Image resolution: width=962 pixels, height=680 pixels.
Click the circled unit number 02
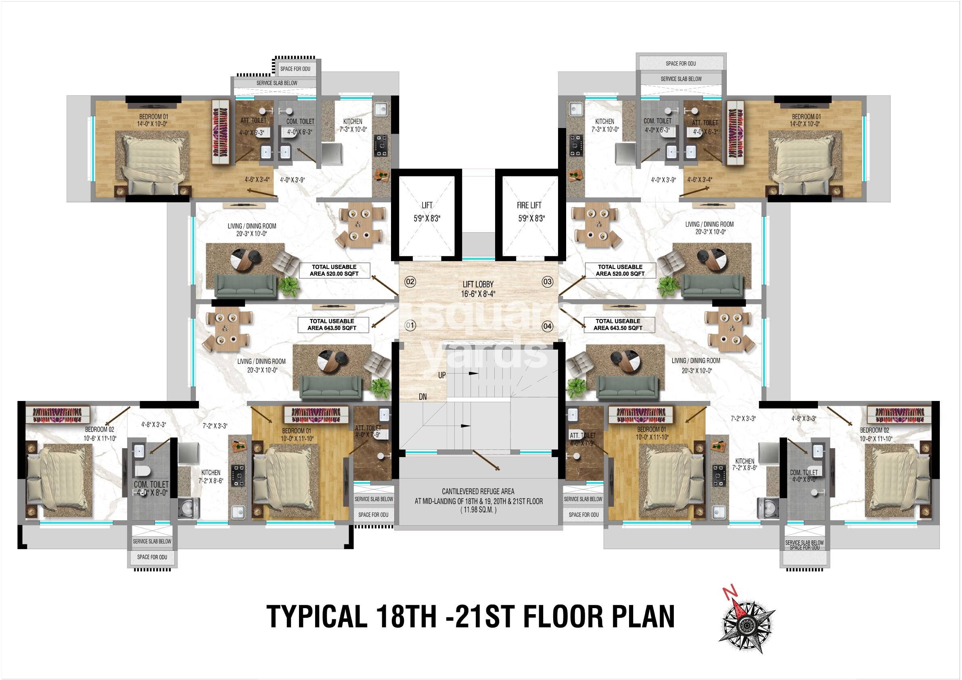pyautogui.click(x=410, y=282)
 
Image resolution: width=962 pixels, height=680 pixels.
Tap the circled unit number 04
pyautogui.click(x=547, y=326)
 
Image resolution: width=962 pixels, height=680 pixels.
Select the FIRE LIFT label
pyautogui.click(x=529, y=206)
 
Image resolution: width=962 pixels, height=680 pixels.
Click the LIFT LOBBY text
pyautogui.click(x=478, y=284)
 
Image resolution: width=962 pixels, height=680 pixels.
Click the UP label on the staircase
pyautogui.click(x=442, y=375)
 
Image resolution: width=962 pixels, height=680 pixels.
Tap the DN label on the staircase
pyautogui.click(x=423, y=397)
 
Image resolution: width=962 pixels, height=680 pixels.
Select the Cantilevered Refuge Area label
pyautogui.click(x=478, y=491)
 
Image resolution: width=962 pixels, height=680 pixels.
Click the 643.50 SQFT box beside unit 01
pyautogui.click(x=333, y=325)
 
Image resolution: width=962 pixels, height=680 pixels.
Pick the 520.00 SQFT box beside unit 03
pyautogui.click(x=620, y=271)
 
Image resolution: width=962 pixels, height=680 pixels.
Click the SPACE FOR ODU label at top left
pyautogui.click(x=295, y=69)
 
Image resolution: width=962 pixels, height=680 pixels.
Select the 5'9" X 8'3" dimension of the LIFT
pyautogui.click(x=427, y=218)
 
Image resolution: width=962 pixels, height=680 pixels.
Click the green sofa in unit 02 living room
pyautogui.click(x=245, y=286)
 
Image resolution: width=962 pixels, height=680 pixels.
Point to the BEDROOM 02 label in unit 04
pyautogui.click(x=874, y=430)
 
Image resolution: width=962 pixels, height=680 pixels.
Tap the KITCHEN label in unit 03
pyautogui.click(x=604, y=122)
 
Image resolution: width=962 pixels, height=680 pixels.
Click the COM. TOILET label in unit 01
pyautogui.click(x=151, y=484)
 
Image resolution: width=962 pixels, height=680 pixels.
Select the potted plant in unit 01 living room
pyautogui.click(x=381, y=388)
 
